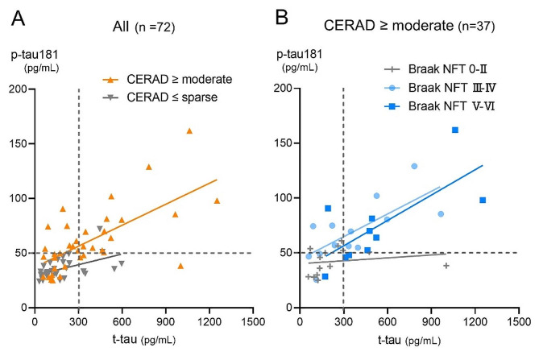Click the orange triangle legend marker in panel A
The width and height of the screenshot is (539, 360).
pyautogui.click(x=113, y=79)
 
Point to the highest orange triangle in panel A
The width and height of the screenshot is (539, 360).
pyautogui.click(x=189, y=130)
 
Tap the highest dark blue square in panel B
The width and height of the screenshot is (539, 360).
pyautogui.click(x=455, y=130)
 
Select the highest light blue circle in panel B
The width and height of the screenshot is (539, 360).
pyautogui.click(x=414, y=167)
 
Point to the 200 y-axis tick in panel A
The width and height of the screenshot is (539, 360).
pyautogui.click(x=21, y=89)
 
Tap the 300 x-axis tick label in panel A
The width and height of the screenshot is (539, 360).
pyautogui.click(x=78, y=319)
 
